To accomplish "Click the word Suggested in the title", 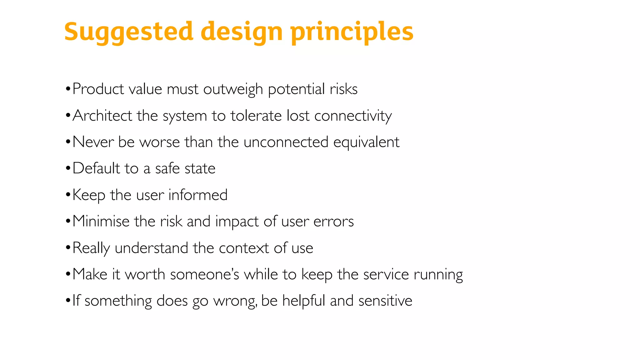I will [129, 32].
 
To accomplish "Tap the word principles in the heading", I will [352, 32].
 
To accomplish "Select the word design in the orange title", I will [242, 32].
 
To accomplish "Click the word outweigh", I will [233, 89].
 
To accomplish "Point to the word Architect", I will [102, 116].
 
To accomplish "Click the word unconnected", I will [286, 142].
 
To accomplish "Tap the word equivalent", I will [366, 142].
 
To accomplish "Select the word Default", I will [96, 168].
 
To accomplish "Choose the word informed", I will [198, 195].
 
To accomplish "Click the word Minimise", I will [101, 221].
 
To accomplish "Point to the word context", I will [244, 248].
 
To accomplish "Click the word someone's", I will [205, 274].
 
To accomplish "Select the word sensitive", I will [385, 301].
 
